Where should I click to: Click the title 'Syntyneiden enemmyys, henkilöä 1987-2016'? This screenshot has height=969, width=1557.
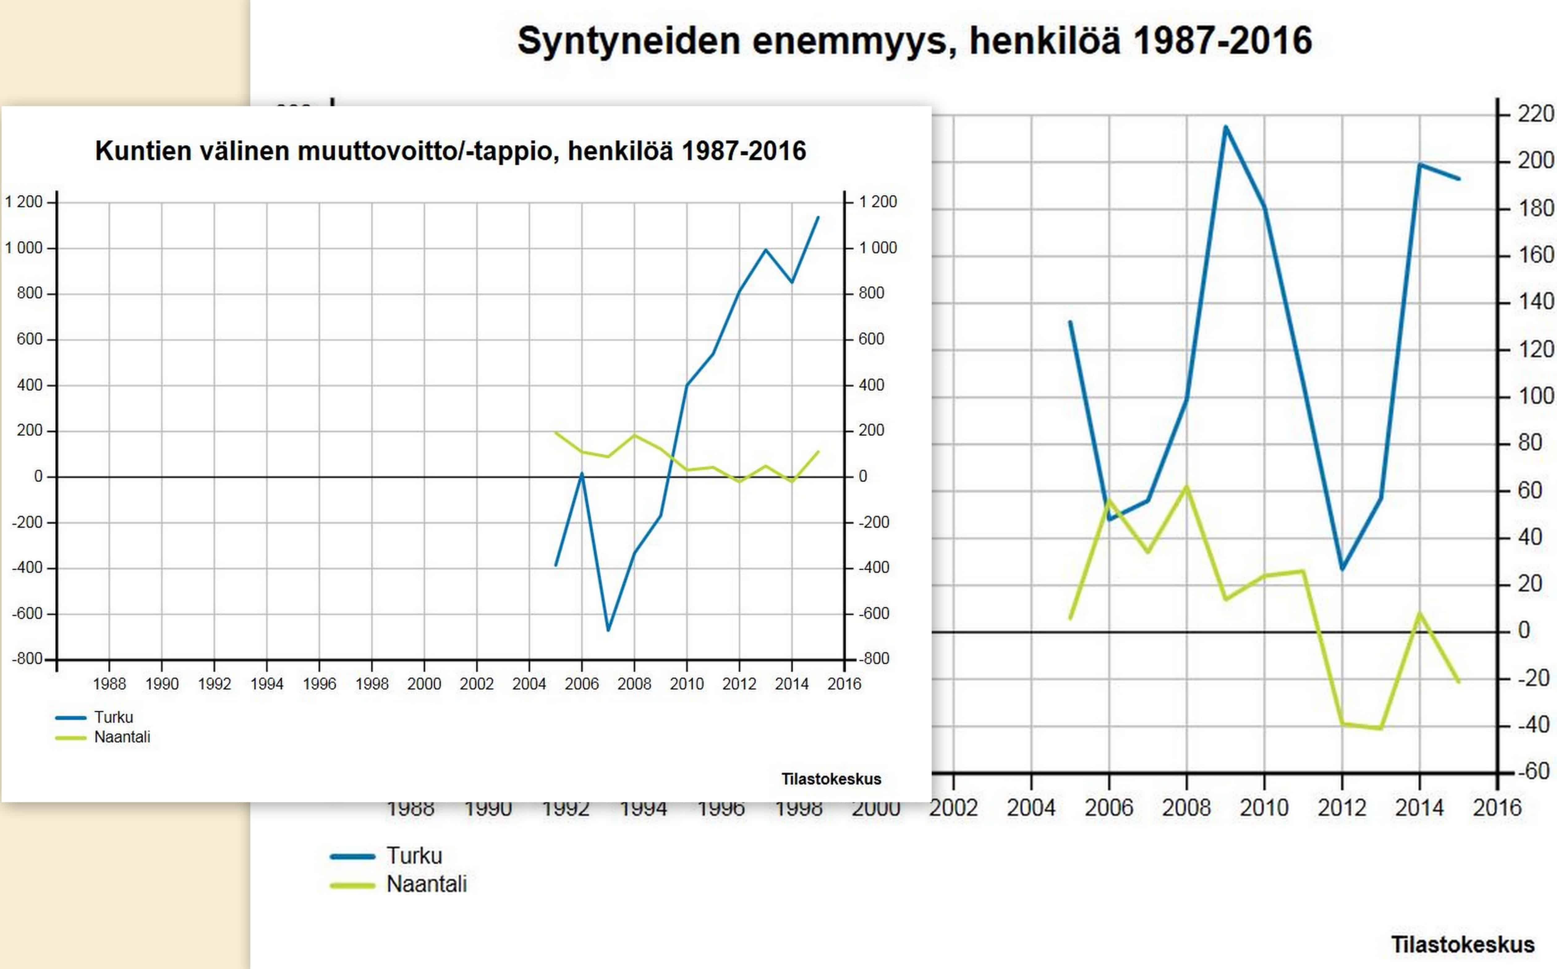(914, 41)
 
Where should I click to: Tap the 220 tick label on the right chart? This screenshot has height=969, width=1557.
(1535, 114)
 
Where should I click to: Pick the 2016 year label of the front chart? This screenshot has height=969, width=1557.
(844, 684)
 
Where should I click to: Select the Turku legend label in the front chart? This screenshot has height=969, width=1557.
(113, 717)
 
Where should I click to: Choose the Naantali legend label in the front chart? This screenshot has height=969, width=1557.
(122, 737)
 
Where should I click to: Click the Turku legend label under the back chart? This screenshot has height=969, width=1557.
(414, 856)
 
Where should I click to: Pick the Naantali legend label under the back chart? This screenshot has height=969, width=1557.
(426, 884)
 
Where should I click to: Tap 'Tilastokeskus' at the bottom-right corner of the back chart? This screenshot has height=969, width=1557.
(1462, 945)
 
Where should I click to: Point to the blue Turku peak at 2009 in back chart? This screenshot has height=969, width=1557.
(1225, 127)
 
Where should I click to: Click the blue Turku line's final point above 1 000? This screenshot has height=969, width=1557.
(818, 218)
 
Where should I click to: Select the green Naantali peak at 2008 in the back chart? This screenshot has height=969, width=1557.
(1186, 487)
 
